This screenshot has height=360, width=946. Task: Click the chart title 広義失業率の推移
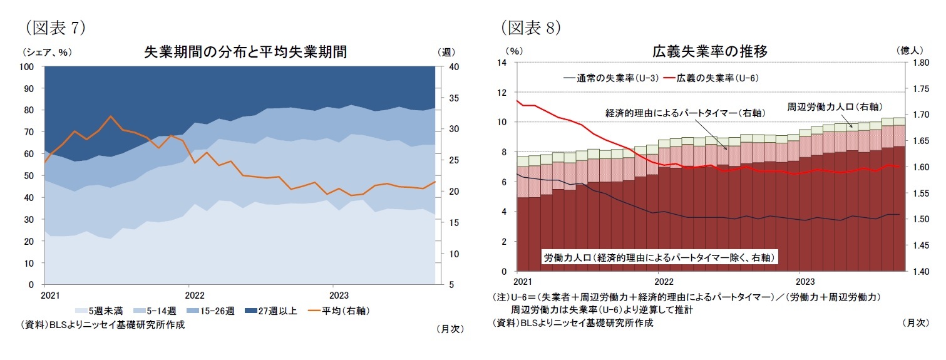[x=709, y=51]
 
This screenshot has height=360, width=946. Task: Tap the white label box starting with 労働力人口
[x=658, y=257]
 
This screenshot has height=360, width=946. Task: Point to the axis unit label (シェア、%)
[x=46, y=52]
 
